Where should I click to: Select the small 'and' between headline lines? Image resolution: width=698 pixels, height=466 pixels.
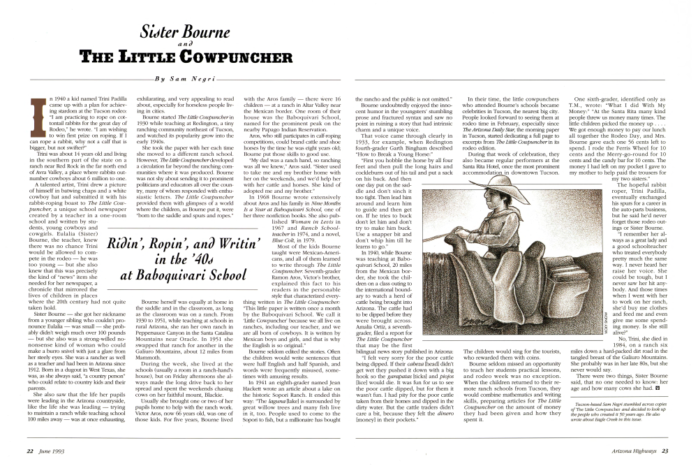(179, 43)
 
